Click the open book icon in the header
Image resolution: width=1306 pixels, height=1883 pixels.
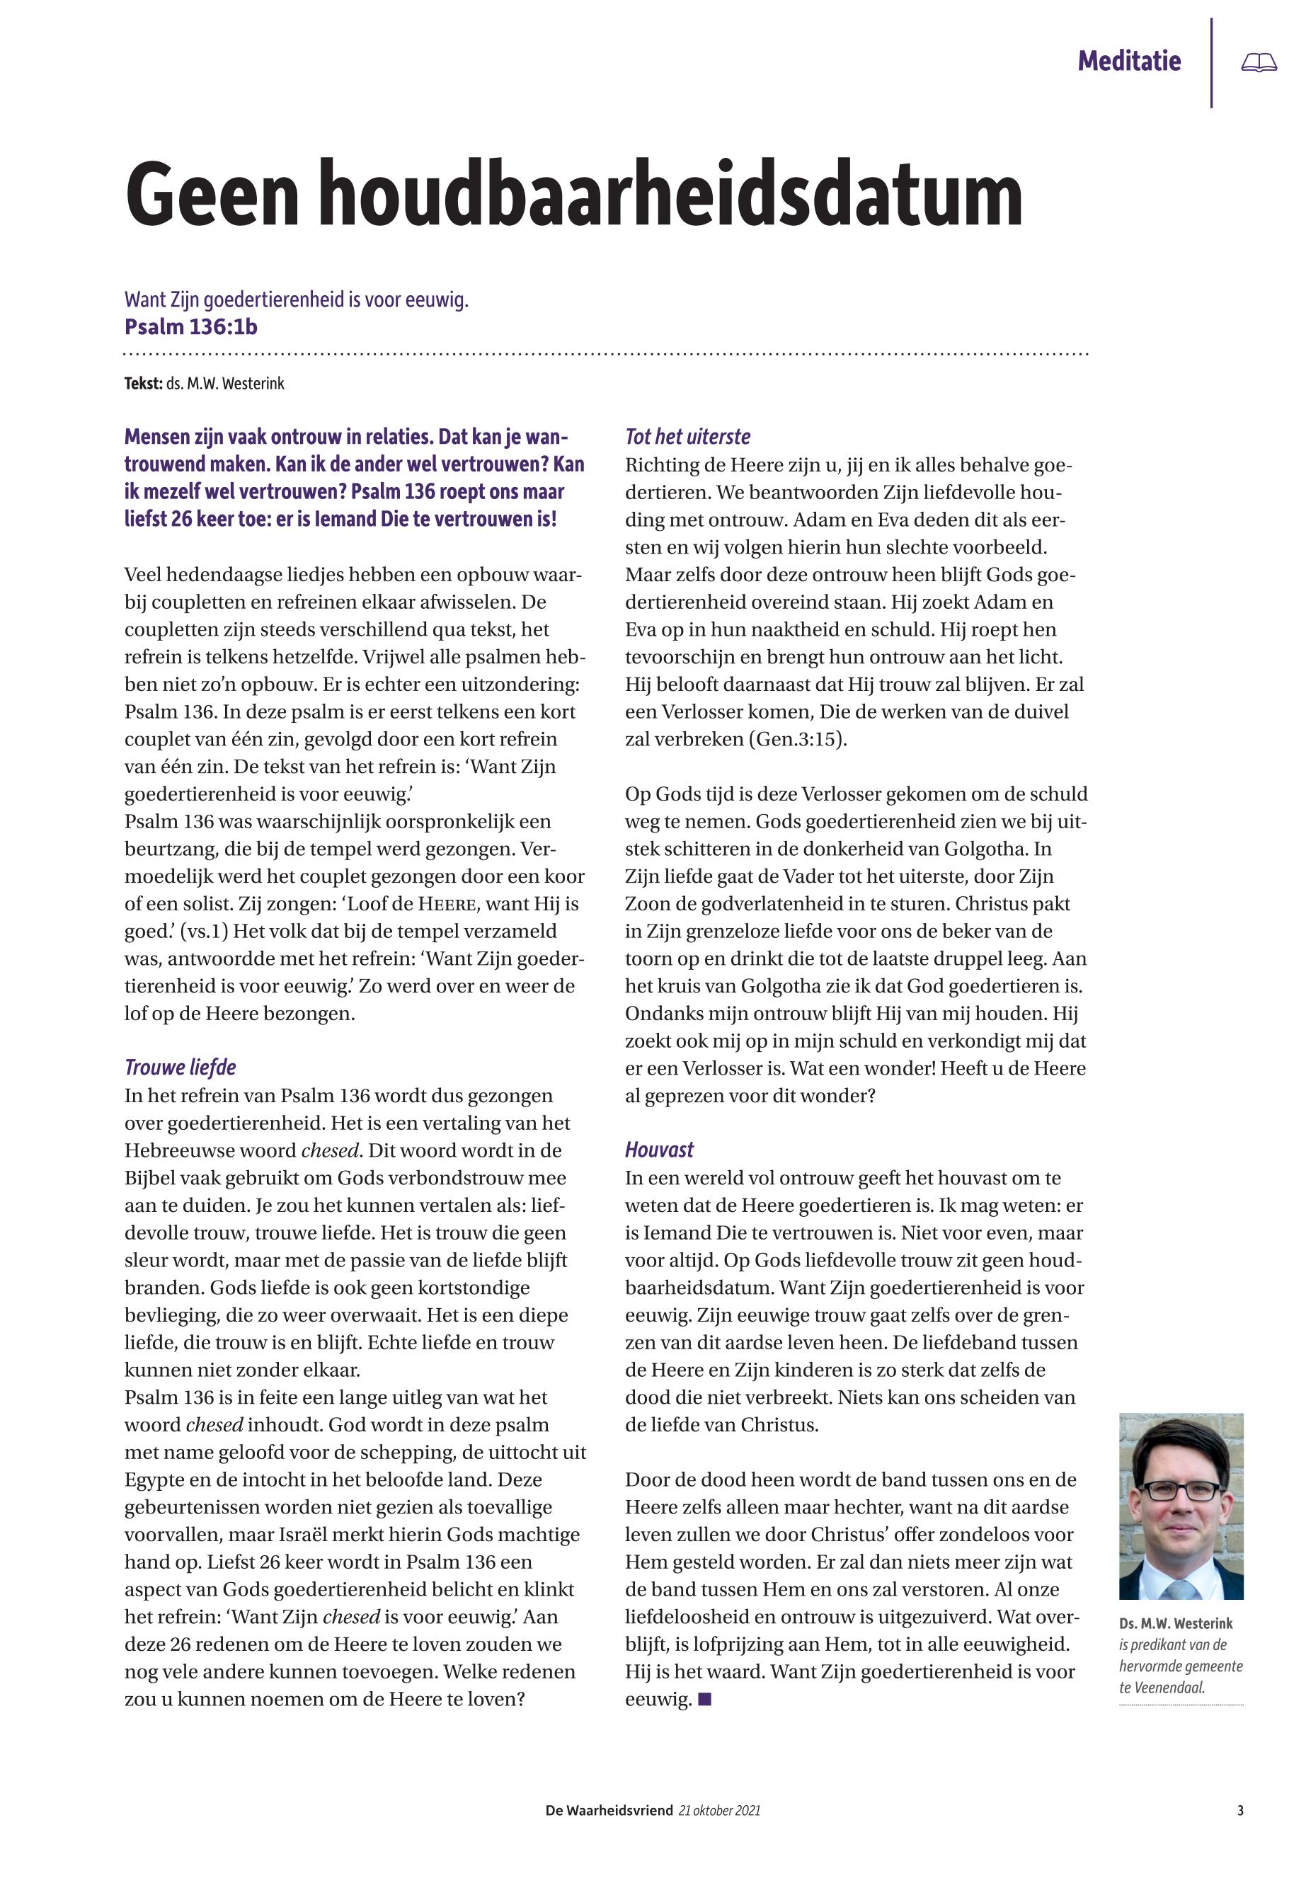1259,62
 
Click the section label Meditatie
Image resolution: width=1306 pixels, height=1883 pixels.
1128,61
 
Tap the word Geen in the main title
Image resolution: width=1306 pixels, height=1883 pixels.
212,196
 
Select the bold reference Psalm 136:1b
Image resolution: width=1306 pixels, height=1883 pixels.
190,326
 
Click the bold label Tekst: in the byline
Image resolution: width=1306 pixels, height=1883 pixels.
143,383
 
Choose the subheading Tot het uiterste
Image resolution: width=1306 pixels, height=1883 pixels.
687,437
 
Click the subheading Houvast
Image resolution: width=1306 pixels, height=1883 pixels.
659,1150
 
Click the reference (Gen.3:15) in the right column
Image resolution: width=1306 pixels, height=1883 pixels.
798,739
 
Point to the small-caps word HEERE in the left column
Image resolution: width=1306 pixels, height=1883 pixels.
449,904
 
